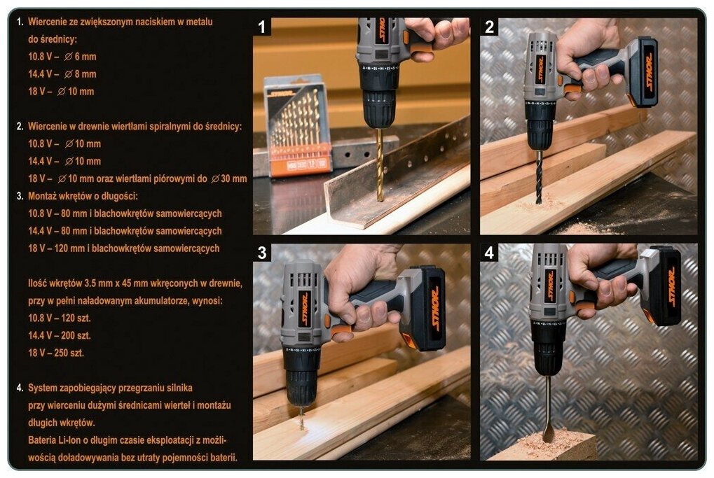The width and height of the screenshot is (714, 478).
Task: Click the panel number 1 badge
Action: [x=262, y=27]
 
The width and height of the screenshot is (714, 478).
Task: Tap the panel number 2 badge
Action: [x=489, y=27]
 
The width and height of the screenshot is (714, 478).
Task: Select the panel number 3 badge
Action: [x=262, y=253]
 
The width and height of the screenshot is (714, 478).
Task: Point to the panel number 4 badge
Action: [x=489, y=253]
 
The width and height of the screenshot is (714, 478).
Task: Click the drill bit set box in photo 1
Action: [x=298, y=127]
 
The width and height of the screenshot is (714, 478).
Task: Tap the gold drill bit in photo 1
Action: [x=380, y=164]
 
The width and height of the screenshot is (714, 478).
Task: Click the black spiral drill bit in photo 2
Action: [x=539, y=177]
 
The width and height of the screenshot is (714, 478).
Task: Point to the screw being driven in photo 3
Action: [x=301, y=419]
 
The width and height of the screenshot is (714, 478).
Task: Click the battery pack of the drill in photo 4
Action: [x=664, y=286]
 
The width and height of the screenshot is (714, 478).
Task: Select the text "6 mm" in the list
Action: [x=85, y=57]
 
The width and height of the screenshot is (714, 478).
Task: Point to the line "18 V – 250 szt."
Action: [x=56, y=353]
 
